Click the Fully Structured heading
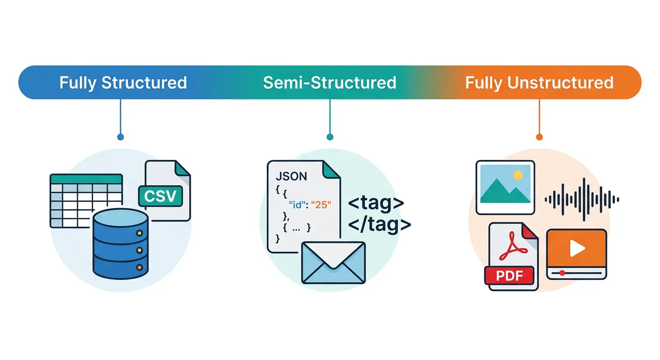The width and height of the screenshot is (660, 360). click(123, 82)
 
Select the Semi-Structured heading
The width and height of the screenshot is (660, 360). click(330, 82)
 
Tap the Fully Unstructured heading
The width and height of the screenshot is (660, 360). click(539, 82)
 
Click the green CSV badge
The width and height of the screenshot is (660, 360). click(160, 196)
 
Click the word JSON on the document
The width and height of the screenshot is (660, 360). click(292, 176)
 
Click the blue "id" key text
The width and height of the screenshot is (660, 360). click(297, 205)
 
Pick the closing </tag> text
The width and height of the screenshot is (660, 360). click(379, 225)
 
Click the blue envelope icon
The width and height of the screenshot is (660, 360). click(333, 262)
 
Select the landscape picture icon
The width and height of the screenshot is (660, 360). click(505, 187)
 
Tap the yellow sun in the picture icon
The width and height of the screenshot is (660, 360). click(517, 175)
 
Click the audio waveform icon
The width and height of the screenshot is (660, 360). click(582, 199)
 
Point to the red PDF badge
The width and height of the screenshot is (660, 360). click(509, 275)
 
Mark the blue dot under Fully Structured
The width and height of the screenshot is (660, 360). click(120, 137)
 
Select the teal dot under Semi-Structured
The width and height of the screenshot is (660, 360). click(330, 137)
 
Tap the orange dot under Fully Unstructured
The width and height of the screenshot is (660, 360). click(539, 137)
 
